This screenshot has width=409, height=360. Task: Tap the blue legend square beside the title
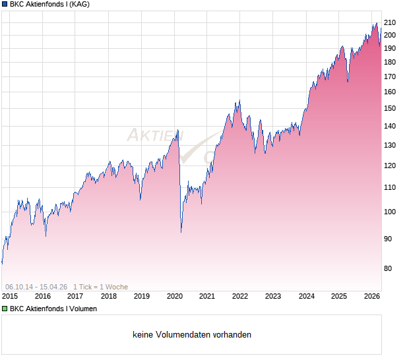[4, 4]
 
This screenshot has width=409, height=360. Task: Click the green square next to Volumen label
[4, 309]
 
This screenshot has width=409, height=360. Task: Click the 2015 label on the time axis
[10, 297]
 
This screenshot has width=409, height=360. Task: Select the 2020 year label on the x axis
[174, 297]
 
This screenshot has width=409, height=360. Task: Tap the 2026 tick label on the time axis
[372, 297]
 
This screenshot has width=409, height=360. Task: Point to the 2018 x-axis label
[109, 297]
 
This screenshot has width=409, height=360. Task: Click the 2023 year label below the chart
[273, 297]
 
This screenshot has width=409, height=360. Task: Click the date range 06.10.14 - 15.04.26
[36, 287]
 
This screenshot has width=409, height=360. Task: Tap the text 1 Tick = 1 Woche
[101, 287]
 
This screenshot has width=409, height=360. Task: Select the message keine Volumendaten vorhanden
[192, 335]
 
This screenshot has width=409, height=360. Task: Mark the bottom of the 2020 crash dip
[181, 232]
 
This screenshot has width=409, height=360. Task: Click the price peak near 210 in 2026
[377, 24]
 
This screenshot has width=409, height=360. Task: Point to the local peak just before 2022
[238, 101]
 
